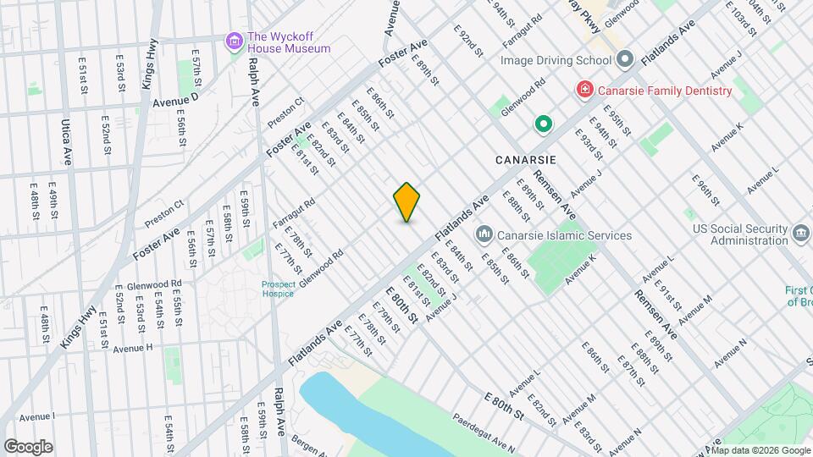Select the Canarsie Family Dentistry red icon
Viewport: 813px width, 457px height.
583,90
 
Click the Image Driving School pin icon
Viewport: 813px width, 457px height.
625,60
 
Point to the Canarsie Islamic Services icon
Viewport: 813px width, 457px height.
484,234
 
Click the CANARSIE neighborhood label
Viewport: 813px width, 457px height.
526,159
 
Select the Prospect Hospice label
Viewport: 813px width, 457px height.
278,289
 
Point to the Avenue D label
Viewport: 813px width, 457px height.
175,102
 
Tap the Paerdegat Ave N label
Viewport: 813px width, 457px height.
484,431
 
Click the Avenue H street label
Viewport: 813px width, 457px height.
133,347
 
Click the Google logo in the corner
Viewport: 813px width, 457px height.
28,447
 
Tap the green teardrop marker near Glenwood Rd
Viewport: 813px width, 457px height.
543,125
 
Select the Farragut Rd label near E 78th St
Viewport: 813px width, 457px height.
293,212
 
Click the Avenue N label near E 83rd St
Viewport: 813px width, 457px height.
626,439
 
